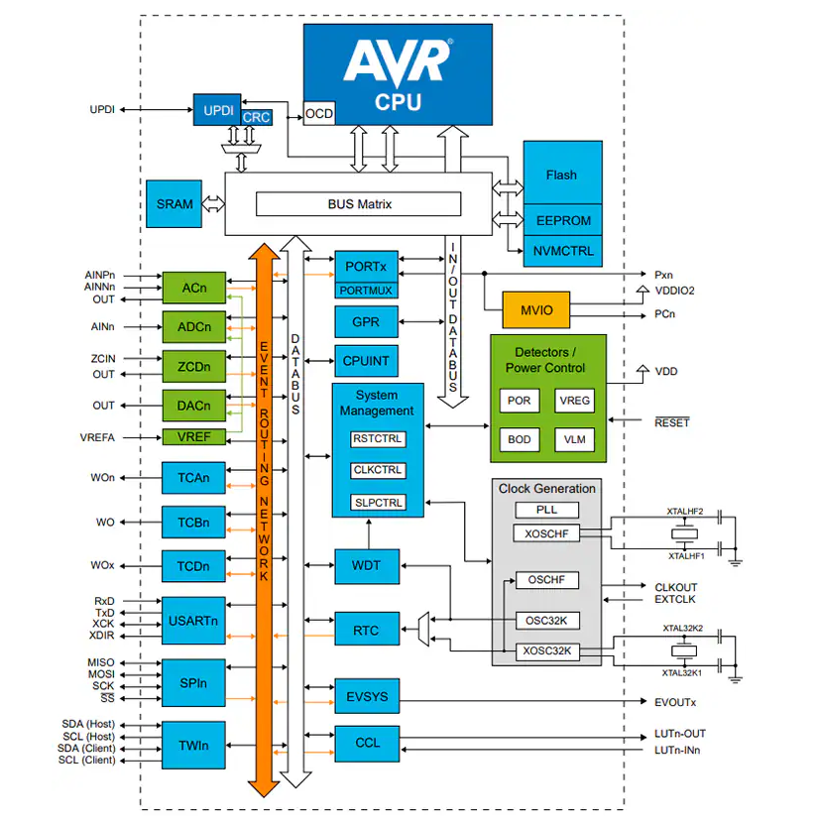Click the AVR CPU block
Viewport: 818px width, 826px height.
[x=397, y=74]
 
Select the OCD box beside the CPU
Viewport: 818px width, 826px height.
[x=318, y=114]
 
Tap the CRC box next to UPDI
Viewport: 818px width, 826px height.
[x=256, y=117]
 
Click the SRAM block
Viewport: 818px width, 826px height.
[x=175, y=204]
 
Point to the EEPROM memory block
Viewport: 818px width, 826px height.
[x=562, y=221]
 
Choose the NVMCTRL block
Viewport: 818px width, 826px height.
[x=562, y=251]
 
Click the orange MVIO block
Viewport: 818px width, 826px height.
[x=536, y=310]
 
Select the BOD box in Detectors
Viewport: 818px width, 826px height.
[x=519, y=438]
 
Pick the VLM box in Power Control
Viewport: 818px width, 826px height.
[x=574, y=438]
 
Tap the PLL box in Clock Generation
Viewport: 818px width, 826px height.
[x=546, y=510]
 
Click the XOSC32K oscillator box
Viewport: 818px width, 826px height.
[x=547, y=651]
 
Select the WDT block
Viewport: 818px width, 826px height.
[x=366, y=566]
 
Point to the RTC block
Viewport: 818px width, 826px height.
[x=366, y=630]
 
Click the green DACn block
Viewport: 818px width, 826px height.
[x=194, y=406]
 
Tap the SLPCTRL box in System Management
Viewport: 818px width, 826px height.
[x=378, y=503]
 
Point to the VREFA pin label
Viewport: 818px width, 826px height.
[x=97, y=437]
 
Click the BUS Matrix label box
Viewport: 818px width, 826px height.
[x=359, y=204]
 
